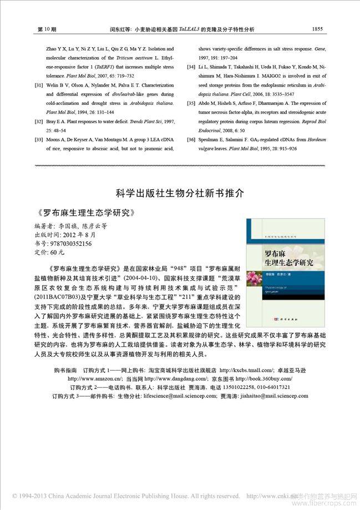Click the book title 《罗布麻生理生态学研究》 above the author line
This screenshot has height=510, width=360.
84,213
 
